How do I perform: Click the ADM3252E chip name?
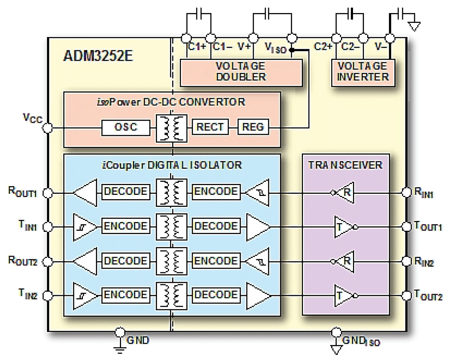(98, 56)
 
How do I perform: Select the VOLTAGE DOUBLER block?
(241, 72)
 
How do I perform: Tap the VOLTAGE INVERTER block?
(363, 72)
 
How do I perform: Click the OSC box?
(125, 127)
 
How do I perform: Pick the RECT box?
(210, 127)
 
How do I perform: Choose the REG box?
(253, 127)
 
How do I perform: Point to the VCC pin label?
(32, 118)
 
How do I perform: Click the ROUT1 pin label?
(22, 192)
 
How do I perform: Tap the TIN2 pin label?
(28, 294)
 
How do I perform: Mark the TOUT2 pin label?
(428, 296)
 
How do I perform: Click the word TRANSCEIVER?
(345, 166)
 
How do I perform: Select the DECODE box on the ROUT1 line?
(125, 192)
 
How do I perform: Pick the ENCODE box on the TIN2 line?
(125, 295)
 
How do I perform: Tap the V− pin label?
(381, 47)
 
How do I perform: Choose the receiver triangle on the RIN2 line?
(345, 261)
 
